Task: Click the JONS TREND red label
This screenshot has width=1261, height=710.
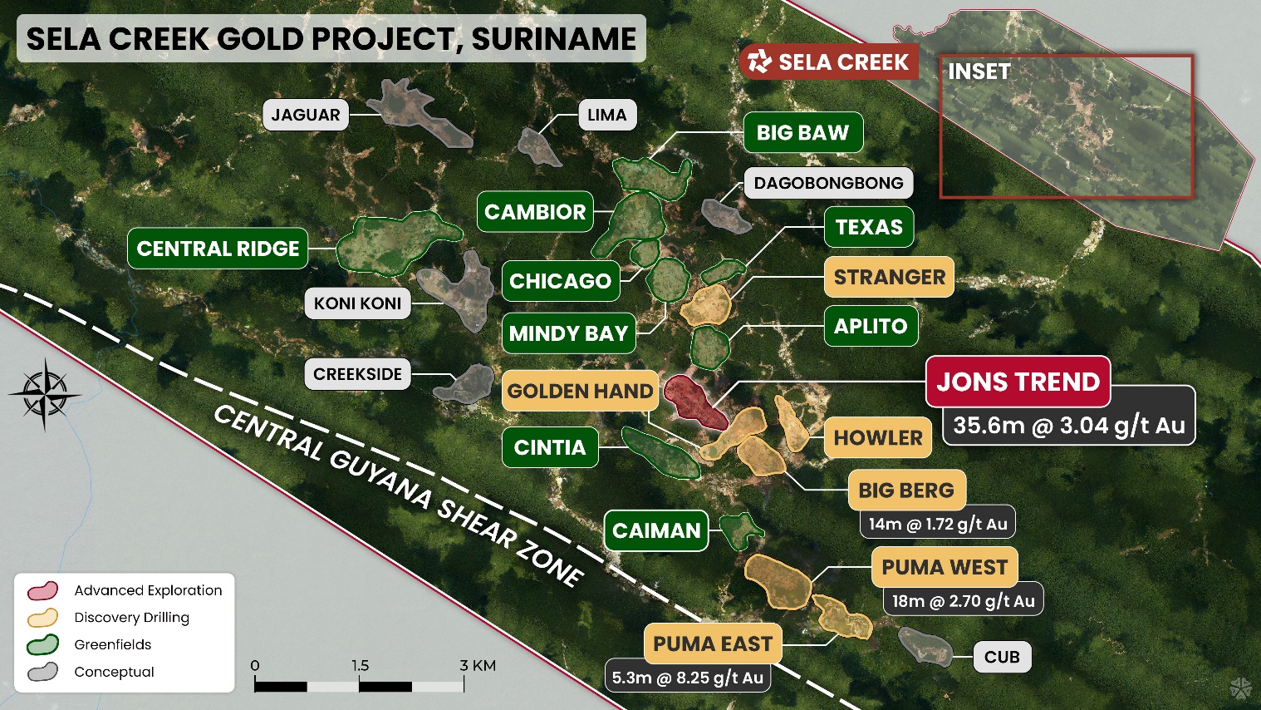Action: pyautogui.click(x=1018, y=382)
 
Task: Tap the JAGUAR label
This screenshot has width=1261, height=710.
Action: pyautogui.click(x=305, y=115)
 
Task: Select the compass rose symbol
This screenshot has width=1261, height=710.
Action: pyautogui.click(x=45, y=393)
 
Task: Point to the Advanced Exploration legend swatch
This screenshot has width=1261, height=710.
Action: pyautogui.click(x=42, y=590)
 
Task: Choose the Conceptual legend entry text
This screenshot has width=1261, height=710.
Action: pyautogui.click(x=114, y=672)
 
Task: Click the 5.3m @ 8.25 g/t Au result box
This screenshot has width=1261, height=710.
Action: pyautogui.click(x=687, y=678)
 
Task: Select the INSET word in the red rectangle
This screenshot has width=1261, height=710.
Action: pyautogui.click(x=979, y=72)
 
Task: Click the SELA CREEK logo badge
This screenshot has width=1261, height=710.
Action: pyautogui.click(x=828, y=62)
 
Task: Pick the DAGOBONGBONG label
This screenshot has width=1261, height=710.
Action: pyautogui.click(x=828, y=183)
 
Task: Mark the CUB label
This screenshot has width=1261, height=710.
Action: pyautogui.click(x=1002, y=657)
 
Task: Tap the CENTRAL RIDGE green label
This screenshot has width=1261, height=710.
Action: pyautogui.click(x=218, y=249)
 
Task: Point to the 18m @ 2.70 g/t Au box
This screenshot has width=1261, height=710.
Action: pyautogui.click(x=963, y=601)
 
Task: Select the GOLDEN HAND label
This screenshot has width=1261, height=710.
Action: pyautogui.click(x=580, y=391)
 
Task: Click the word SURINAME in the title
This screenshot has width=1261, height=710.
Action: pyautogui.click(x=553, y=39)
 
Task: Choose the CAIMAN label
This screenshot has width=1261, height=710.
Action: pyautogui.click(x=656, y=530)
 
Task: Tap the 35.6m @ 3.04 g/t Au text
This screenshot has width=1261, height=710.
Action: pyautogui.click(x=1068, y=426)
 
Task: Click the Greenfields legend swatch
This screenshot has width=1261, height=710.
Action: pyautogui.click(x=42, y=645)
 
